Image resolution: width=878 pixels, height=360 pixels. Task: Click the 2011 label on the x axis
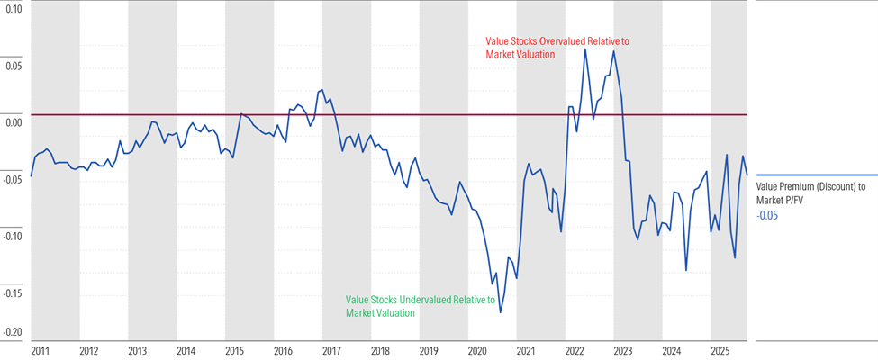pyautogui.click(x=40, y=348)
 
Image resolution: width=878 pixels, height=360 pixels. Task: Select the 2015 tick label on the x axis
pyautogui.click(x=234, y=348)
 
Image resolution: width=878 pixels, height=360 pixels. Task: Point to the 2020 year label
pyautogui.click(x=477, y=348)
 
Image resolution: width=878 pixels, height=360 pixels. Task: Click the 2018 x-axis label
pyautogui.click(x=380, y=348)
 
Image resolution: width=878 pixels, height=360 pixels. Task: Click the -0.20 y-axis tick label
pyautogui.click(x=12, y=332)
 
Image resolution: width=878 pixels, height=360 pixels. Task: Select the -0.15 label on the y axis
pyautogui.click(x=12, y=292)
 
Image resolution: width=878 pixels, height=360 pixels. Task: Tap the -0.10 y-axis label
pyautogui.click(x=12, y=235)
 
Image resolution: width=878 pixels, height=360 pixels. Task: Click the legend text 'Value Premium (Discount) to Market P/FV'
pyautogui.click(x=810, y=193)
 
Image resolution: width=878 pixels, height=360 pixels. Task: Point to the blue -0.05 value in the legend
pyautogui.click(x=768, y=216)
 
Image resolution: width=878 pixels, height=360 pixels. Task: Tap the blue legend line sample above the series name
pyautogui.click(x=816, y=175)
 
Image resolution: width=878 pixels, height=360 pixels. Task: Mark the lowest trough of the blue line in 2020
pyautogui.click(x=500, y=312)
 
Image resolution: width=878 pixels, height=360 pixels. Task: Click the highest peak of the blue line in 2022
pyautogui.click(x=584, y=49)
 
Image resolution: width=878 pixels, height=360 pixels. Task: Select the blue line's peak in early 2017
pyautogui.click(x=322, y=90)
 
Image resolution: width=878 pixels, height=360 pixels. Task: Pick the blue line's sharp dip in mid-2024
pyautogui.click(x=686, y=270)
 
